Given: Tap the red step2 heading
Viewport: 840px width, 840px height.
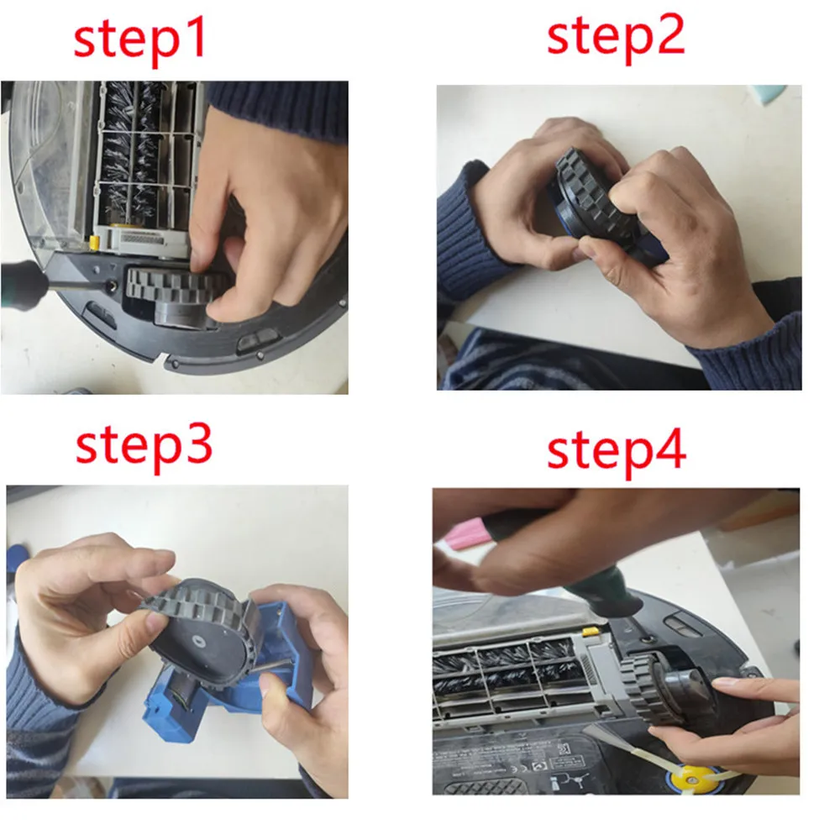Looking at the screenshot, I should click(616, 36).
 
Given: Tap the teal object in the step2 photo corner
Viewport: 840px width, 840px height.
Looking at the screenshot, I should click(770, 92).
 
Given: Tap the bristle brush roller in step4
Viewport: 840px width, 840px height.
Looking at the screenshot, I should click(504, 668).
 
